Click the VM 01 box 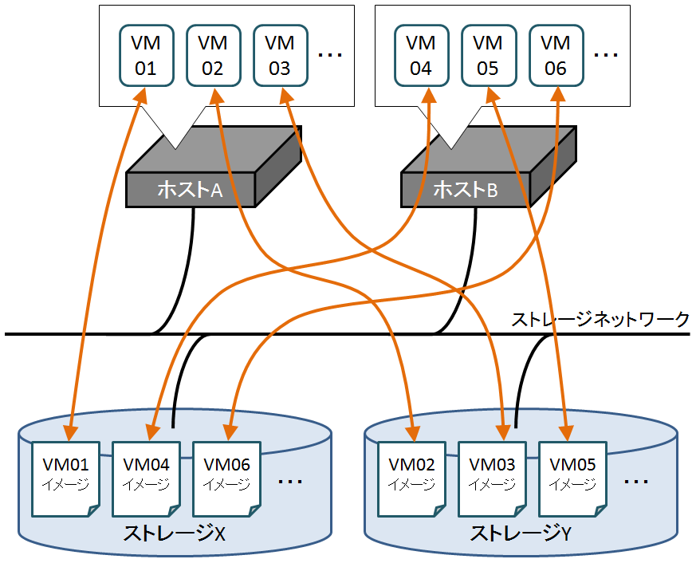point(146,55)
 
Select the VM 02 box point(212,55)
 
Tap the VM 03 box point(279,55)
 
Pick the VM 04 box point(421,55)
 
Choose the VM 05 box point(488,55)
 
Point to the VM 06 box point(555,55)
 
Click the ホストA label point(190,190)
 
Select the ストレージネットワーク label point(600,321)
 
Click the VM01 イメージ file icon point(65,476)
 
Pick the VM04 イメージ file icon point(147,476)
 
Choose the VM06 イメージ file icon point(227,476)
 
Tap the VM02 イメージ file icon point(411,476)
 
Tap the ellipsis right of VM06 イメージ point(290,482)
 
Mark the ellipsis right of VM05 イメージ point(636,482)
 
